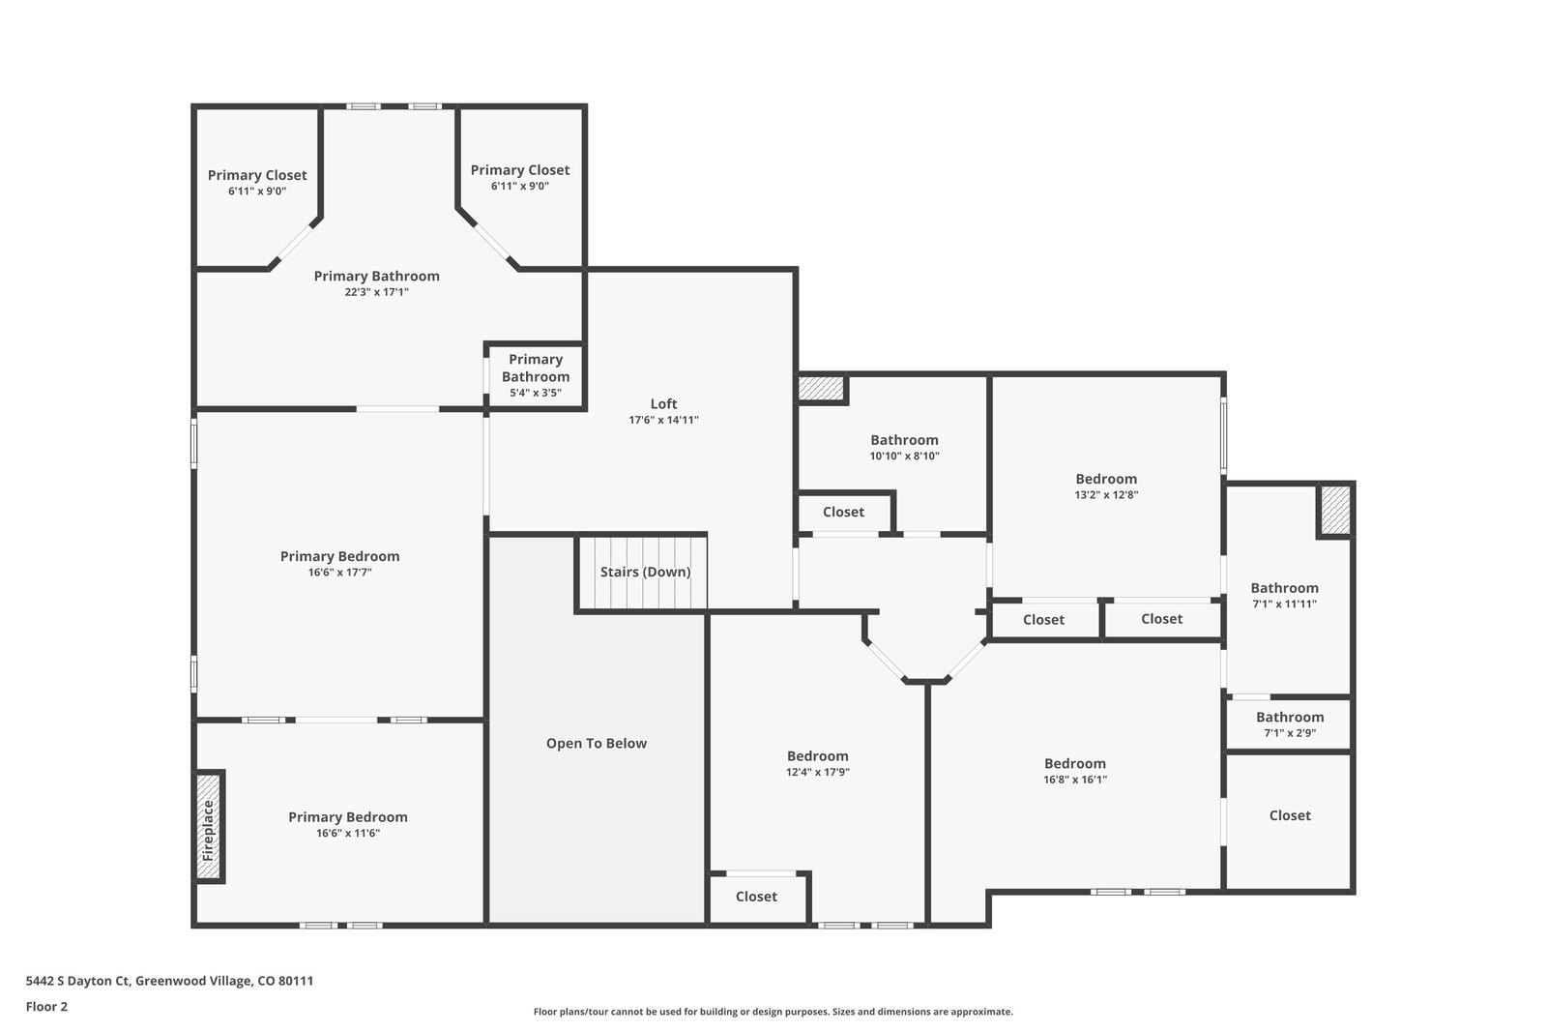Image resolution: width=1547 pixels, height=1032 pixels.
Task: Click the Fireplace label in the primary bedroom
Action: (x=209, y=830)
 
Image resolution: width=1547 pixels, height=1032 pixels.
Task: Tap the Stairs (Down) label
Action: (x=645, y=572)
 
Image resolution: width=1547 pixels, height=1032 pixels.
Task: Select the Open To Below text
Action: (x=596, y=743)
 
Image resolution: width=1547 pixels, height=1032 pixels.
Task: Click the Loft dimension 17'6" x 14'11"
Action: (x=663, y=420)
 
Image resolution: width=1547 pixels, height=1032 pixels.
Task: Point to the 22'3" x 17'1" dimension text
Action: (x=376, y=292)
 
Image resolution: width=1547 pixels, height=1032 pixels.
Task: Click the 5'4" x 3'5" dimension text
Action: (x=536, y=393)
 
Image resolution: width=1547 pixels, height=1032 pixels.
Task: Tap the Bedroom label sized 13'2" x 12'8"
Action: (x=1106, y=479)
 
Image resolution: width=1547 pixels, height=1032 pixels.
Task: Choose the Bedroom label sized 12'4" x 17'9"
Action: (x=818, y=755)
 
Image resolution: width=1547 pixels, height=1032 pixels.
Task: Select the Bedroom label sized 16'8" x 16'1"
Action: (x=1074, y=763)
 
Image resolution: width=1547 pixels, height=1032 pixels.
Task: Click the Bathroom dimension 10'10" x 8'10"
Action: (x=904, y=456)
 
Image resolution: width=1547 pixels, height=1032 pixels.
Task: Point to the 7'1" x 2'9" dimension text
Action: (x=1290, y=733)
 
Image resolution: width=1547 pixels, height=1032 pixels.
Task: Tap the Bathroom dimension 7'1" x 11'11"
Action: (x=1284, y=604)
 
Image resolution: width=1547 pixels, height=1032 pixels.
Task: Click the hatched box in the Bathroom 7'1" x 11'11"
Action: (x=1335, y=510)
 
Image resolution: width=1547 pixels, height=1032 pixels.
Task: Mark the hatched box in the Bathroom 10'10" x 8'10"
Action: (x=821, y=388)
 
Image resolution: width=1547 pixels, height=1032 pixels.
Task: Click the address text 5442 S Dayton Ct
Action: (x=78, y=981)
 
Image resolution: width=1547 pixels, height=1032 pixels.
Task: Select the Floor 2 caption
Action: (x=46, y=1007)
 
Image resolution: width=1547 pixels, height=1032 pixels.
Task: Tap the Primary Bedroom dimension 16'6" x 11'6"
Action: (x=348, y=833)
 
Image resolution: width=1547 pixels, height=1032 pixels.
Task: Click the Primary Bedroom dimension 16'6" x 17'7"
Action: (x=339, y=573)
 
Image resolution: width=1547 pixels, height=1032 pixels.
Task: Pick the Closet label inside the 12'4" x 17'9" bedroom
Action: (x=756, y=897)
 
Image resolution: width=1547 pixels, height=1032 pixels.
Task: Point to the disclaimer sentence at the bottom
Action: (x=773, y=1012)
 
